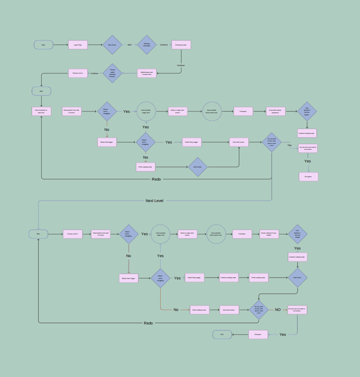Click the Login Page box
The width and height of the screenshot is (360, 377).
[78, 45]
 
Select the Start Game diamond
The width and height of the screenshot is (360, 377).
[112, 45]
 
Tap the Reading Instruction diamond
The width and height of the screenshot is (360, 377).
[147, 45]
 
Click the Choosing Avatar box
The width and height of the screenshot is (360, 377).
[181, 45]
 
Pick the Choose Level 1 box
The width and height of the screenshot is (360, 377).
[78, 73]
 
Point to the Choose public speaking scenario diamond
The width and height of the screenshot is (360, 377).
[112, 73]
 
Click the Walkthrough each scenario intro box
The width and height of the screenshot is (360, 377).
[147, 73]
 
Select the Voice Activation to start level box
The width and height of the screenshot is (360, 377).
[41, 111]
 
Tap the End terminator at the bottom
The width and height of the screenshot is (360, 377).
[222, 335]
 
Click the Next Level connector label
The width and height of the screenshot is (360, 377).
[154, 201]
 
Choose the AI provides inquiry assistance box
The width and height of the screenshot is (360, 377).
[275, 111]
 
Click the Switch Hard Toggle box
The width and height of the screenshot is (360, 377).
[129, 278]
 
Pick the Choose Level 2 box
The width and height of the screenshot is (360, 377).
[72, 234]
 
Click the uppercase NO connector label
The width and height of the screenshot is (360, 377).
[278, 310]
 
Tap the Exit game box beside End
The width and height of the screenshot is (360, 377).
[258, 335]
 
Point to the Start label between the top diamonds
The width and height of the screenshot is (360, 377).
[130, 45]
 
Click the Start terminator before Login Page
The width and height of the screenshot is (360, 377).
[43, 45]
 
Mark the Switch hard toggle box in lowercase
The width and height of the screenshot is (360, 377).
[107, 142]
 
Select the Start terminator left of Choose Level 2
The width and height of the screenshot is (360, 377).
[38, 234]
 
